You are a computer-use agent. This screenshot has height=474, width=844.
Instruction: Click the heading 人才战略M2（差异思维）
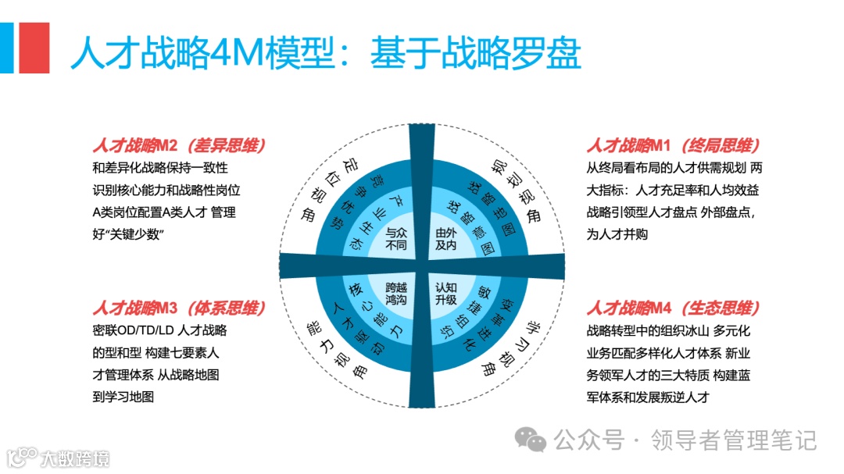(179, 146)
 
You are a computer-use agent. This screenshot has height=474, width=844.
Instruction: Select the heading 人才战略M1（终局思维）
(674, 146)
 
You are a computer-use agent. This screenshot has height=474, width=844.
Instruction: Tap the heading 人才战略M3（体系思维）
(179, 308)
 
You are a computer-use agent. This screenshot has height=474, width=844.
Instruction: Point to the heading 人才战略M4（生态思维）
(674, 308)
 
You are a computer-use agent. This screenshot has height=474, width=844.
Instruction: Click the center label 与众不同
(397, 239)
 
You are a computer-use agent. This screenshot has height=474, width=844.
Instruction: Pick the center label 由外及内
(445, 239)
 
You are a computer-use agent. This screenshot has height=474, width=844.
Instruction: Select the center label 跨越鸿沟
(397, 293)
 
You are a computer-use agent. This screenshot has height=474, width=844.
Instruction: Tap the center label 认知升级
(445, 293)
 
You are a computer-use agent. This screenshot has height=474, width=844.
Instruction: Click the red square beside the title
(34, 48)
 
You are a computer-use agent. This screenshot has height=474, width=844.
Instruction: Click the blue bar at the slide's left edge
(6, 48)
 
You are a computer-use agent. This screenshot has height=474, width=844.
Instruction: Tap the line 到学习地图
(123, 397)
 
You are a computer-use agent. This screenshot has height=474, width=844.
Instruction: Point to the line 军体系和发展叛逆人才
(648, 397)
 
